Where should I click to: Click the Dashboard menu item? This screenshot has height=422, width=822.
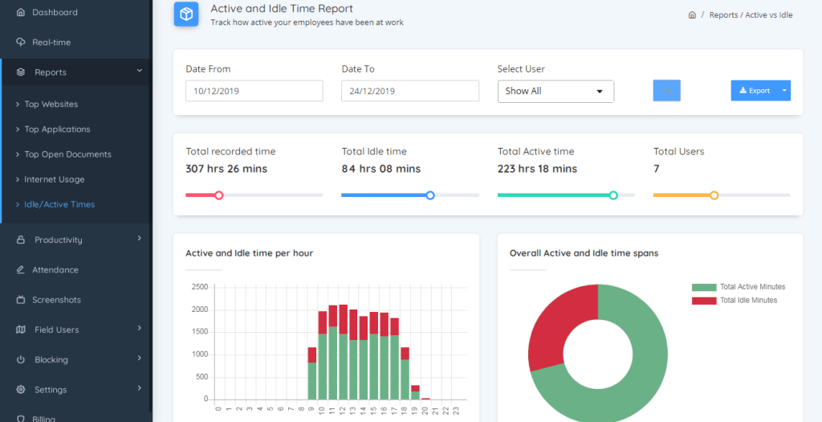point(55,13)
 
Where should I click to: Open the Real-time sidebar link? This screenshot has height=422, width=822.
point(51,43)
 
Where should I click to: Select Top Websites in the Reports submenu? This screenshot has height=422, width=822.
point(51,104)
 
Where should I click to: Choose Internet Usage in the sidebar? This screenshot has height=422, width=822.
point(54,180)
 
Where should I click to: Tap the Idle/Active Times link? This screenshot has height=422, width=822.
point(59,205)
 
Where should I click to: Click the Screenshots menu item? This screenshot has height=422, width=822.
point(56,300)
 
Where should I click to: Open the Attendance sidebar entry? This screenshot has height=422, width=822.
point(55,270)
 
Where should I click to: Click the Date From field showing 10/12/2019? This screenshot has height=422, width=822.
point(254,91)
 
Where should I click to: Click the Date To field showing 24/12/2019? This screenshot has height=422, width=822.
point(409,91)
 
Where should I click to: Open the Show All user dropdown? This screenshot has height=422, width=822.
point(555,92)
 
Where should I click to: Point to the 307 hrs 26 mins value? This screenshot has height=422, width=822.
point(226,169)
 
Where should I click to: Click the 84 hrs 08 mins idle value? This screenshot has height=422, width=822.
point(380,169)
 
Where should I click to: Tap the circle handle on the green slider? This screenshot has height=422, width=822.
point(613,195)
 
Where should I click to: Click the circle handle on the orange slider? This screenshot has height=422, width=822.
point(714,195)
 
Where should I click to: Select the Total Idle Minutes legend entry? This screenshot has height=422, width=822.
point(748,301)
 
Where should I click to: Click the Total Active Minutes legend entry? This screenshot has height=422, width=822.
point(752,287)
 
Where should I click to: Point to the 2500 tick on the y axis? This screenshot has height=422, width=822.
point(200,287)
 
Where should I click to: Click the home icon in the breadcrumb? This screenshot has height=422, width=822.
point(692,15)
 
